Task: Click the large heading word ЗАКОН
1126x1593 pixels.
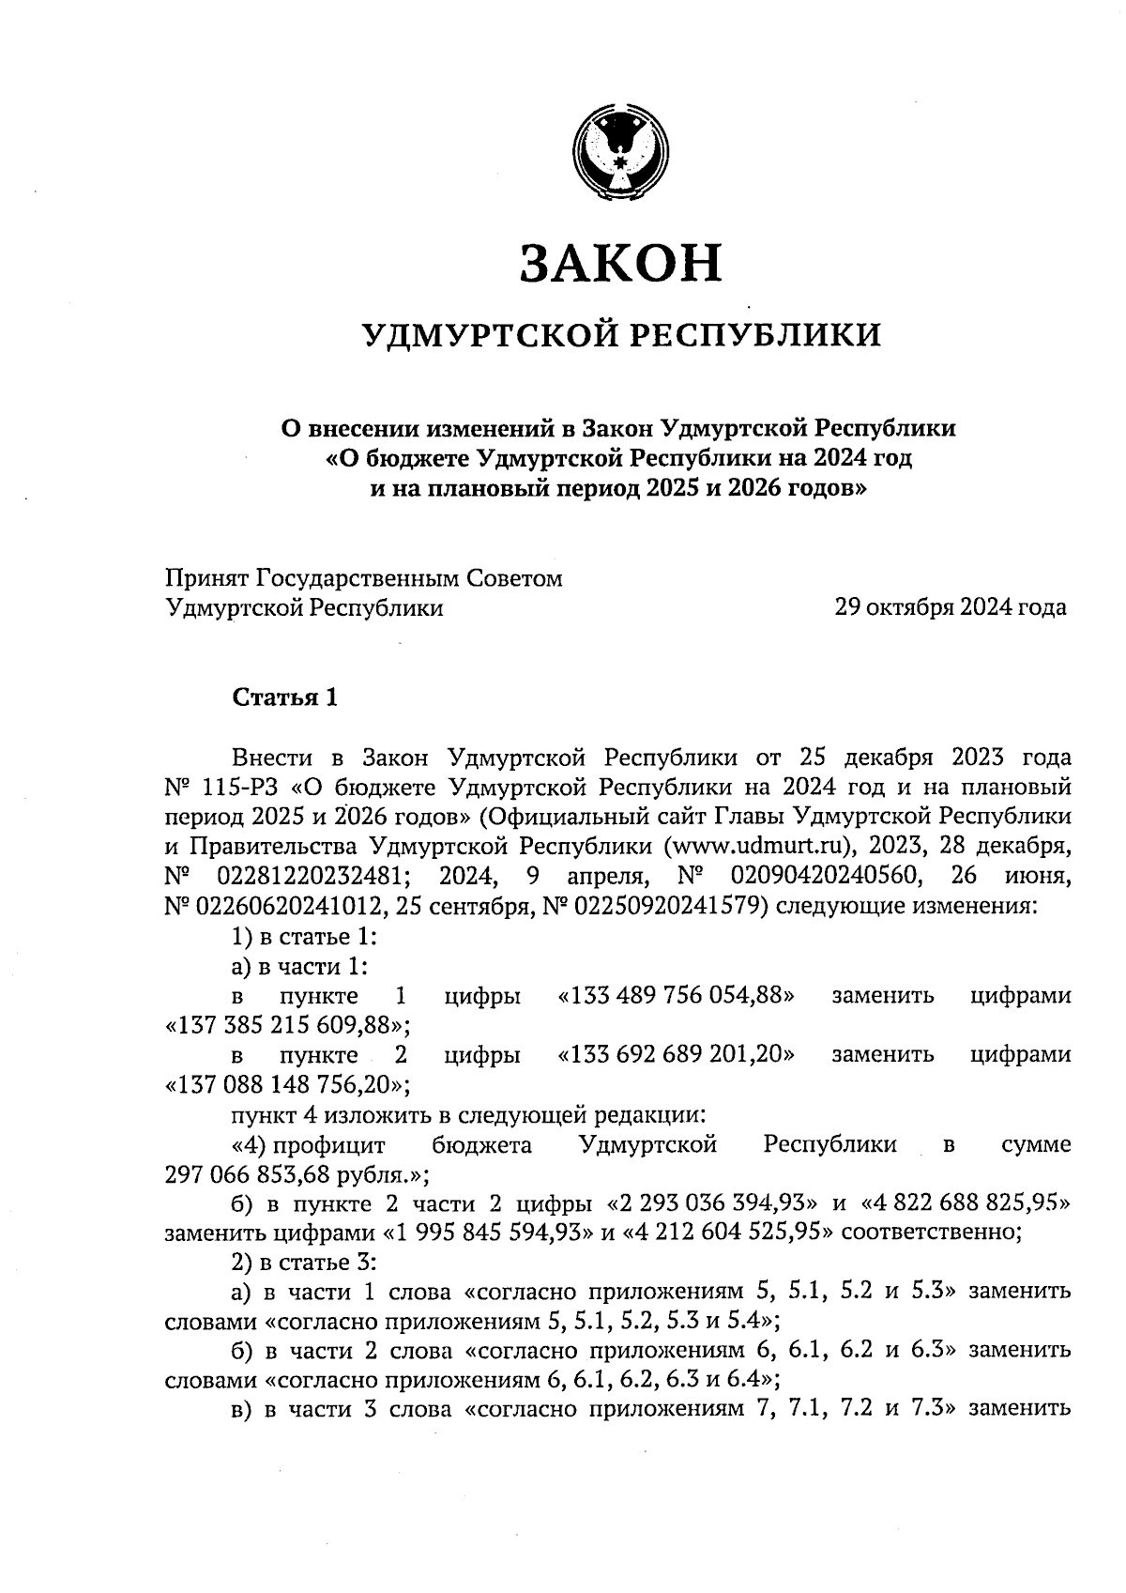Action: point(621,262)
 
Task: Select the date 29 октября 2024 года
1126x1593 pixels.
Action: point(951,607)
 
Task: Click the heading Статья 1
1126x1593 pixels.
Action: point(283,697)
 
